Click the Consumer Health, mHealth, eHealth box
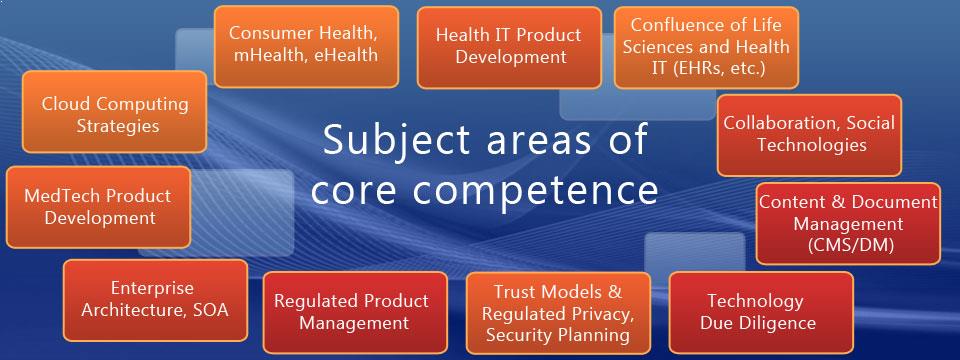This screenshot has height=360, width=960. click(306, 47)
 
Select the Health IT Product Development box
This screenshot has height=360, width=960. click(509, 47)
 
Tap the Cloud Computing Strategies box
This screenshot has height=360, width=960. click(114, 111)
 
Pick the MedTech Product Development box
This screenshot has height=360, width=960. click(98, 207)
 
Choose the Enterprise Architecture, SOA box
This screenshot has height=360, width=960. click(156, 300)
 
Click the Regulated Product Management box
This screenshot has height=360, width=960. click(355, 312)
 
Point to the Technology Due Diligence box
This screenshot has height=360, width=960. click(761, 312)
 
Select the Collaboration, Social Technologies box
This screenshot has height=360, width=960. click(809, 135)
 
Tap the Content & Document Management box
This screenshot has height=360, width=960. click(848, 223)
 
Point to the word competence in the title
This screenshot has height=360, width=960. click(533, 190)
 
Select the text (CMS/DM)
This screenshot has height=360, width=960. click(850, 245)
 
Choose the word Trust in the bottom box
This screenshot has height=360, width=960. click(515, 291)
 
